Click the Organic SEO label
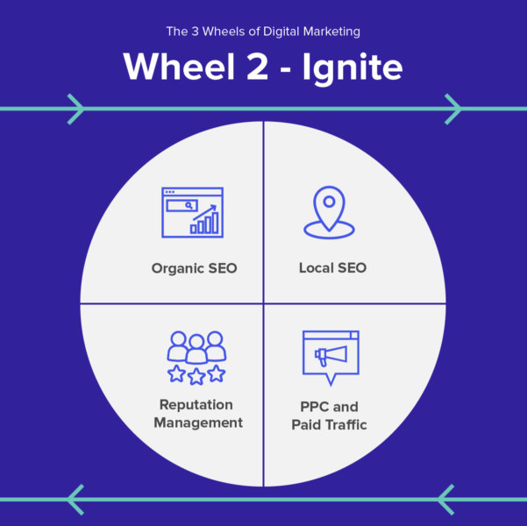(194, 267)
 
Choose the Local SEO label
(332, 267)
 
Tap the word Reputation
(196, 405)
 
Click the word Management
(197, 423)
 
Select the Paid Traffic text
(329, 425)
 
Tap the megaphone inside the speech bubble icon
(331, 354)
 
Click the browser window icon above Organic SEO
(192, 213)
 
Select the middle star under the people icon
(196, 376)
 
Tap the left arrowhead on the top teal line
(75, 109)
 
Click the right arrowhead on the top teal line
(453, 109)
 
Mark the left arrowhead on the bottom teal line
(75, 499)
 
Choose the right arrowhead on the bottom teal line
(446, 499)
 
